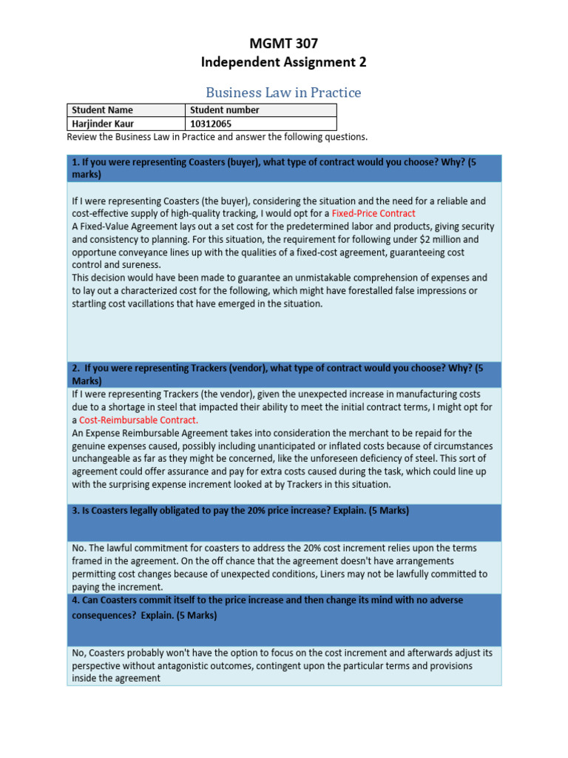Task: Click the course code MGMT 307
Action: (x=283, y=43)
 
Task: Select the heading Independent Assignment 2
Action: (x=283, y=62)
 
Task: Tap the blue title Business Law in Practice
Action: (x=283, y=93)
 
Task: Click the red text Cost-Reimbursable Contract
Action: (x=139, y=420)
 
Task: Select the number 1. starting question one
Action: (x=75, y=162)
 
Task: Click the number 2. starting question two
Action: (x=75, y=368)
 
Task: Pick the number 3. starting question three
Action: (x=75, y=511)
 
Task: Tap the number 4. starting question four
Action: (x=75, y=600)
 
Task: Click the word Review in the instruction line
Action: (x=82, y=137)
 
